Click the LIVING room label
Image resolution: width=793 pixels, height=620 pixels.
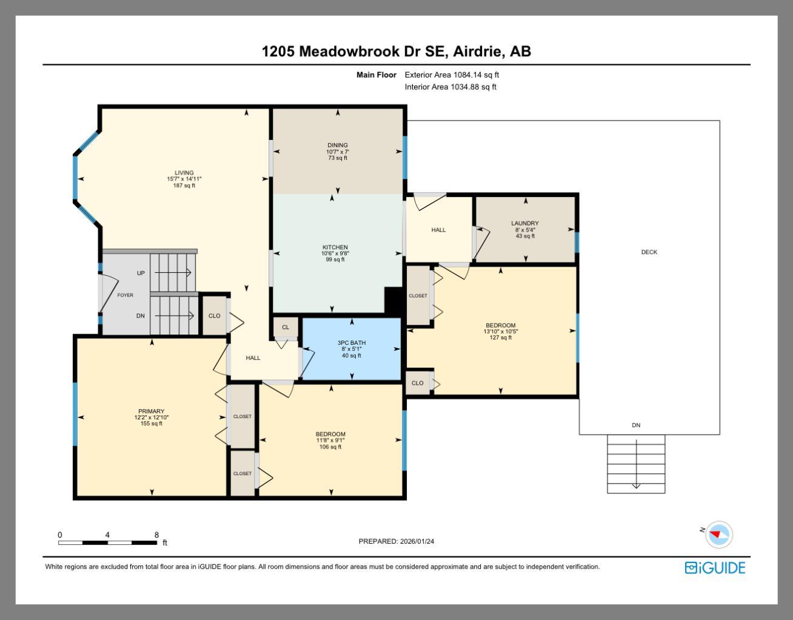pyautogui.click(x=184, y=173)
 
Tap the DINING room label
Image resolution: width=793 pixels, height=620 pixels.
pyautogui.click(x=338, y=145)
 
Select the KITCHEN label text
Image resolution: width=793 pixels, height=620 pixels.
pyautogui.click(x=335, y=247)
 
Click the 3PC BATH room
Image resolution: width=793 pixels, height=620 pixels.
pyautogui.click(x=352, y=348)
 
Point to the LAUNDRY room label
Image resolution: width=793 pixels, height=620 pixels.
pyautogui.click(x=525, y=224)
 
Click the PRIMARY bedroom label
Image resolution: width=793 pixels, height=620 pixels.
pyautogui.click(x=151, y=412)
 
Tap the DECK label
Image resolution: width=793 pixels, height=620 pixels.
pyautogui.click(x=649, y=252)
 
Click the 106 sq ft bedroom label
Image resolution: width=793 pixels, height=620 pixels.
pyautogui.click(x=330, y=435)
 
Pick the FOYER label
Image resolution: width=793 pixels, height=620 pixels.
pyautogui.click(x=125, y=295)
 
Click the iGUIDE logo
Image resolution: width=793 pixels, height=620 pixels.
pyautogui.click(x=715, y=568)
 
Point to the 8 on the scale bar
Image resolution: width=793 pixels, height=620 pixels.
pyautogui.click(x=156, y=535)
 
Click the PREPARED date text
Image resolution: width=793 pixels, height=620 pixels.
pyautogui.click(x=396, y=541)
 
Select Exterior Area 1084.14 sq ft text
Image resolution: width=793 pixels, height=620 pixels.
pyautogui.click(x=452, y=75)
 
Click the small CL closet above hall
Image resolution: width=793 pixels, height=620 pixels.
pyautogui.click(x=286, y=327)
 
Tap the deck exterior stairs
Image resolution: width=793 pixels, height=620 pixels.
pyautogui.click(x=636, y=464)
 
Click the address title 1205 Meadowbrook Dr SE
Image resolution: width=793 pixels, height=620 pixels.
pyautogui.click(x=396, y=52)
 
